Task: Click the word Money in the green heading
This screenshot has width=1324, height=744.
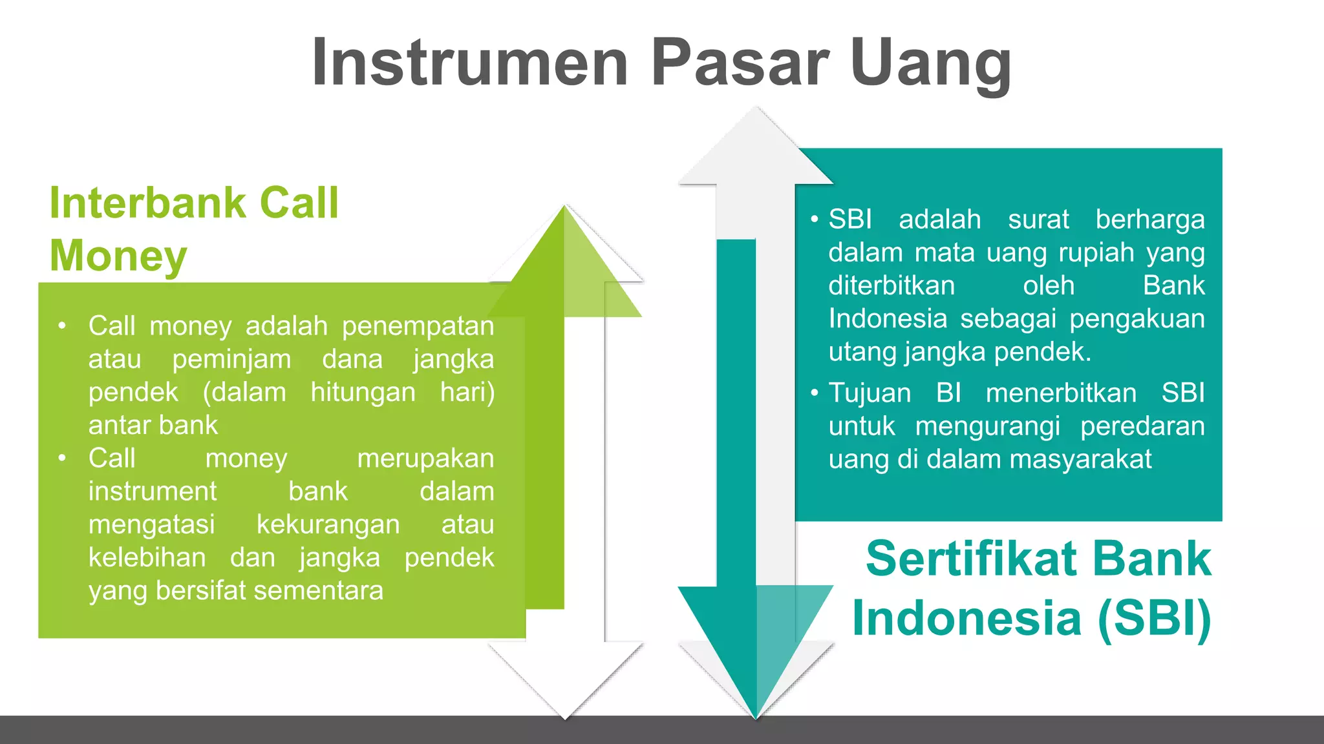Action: pyautogui.click(x=118, y=256)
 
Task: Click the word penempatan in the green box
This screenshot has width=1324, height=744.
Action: pyautogui.click(x=418, y=326)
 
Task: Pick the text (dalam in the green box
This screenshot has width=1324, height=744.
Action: pyautogui.click(x=244, y=393)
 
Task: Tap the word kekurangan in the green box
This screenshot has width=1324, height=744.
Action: pyautogui.click(x=328, y=525)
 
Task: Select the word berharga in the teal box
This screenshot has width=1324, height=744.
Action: pyautogui.click(x=1149, y=220)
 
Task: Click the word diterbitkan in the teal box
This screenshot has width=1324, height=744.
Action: pyautogui.click(x=892, y=286)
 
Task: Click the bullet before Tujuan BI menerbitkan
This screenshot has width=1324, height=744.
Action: pyautogui.click(x=815, y=393)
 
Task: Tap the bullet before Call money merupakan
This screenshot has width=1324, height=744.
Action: pyautogui.click(x=62, y=458)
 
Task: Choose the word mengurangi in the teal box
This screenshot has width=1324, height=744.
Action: pyautogui.click(x=987, y=427)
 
